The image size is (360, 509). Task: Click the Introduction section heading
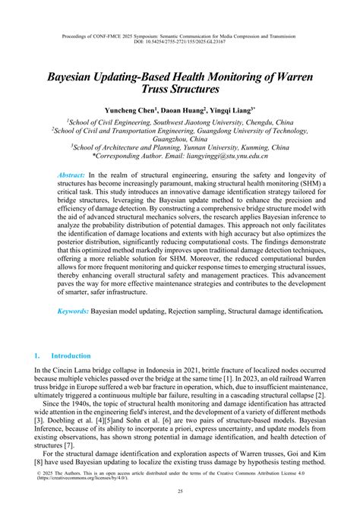click(71, 356)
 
